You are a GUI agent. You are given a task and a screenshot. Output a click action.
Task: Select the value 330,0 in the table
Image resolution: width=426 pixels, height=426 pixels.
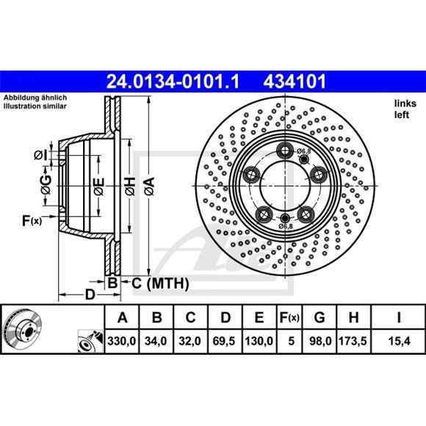point(121,342)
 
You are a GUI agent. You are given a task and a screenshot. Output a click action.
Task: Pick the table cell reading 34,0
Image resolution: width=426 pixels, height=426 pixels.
point(156,342)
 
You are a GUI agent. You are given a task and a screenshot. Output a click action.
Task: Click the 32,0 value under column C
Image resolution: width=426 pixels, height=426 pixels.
point(190,342)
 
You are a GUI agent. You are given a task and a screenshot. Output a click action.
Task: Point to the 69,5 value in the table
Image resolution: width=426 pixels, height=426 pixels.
point(225,342)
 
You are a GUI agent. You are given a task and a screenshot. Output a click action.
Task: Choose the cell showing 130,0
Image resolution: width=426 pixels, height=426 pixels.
point(259,342)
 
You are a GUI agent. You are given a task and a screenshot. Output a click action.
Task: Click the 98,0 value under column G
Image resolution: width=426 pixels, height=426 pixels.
point(319,342)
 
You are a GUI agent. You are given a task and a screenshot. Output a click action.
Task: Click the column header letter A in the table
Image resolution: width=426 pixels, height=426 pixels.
point(121,318)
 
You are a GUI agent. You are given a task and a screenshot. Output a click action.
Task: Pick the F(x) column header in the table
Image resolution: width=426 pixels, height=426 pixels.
point(291,318)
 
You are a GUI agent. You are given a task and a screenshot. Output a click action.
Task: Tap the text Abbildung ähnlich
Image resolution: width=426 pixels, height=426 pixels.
point(36,98)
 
